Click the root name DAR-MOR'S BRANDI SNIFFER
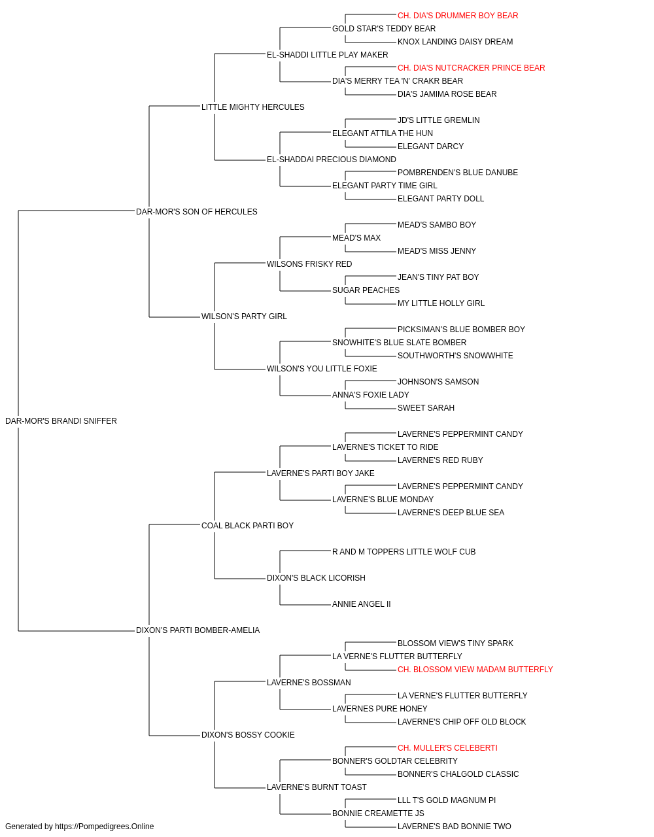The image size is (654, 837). click(61, 420)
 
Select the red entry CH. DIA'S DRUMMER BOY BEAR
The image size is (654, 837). click(458, 16)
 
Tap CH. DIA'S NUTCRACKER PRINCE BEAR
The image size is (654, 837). click(471, 68)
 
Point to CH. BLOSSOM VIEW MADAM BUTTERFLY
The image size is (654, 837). click(475, 670)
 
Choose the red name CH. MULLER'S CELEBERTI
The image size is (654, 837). click(447, 748)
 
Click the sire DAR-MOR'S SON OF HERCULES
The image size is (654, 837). click(196, 211)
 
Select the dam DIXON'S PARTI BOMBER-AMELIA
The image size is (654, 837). click(198, 630)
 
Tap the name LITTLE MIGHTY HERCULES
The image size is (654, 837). click(252, 107)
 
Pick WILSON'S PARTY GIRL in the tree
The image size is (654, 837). click(244, 316)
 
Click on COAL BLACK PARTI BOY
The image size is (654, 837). click(247, 525)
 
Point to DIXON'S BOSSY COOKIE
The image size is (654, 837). click(248, 735)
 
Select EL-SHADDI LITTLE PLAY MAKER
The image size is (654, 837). click(328, 55)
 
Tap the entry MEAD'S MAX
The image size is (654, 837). click(356, 237)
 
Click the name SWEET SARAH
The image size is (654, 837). click(426, 408)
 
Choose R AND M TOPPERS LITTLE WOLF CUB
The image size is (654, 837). click(404, 552)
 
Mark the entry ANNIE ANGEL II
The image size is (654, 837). click(361, 604)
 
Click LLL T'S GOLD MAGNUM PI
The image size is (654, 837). click(447, 800)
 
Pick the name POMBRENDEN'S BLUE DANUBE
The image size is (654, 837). click(458, 173)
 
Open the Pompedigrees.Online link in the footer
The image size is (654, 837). click(104, 827)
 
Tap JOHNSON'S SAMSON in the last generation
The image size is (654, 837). click(438, 382)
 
